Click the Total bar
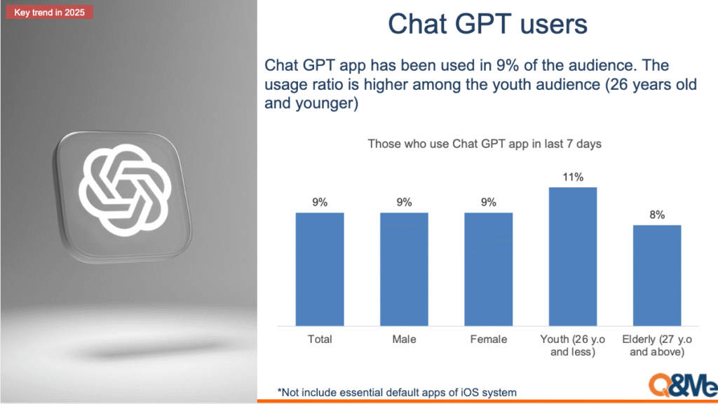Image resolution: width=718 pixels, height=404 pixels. pos(320,269)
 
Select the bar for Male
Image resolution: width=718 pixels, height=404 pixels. pos(404,269)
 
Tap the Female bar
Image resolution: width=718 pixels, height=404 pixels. pos(489,269)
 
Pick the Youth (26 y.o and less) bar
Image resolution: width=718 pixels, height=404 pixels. pos(573,257)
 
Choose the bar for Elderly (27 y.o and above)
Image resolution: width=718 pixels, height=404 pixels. pos(657,275)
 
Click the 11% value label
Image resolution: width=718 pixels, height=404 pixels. pos(573,177)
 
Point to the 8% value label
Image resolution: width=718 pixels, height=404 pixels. pos(657,215)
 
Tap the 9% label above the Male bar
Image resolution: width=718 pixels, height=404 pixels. pos(404,203)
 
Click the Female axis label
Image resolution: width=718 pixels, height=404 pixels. pos(489,339)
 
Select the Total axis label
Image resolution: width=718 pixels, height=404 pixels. pos(320,339)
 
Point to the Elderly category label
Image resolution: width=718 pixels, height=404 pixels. pos(657,345)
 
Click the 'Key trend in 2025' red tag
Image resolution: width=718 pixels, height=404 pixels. pos(50,13)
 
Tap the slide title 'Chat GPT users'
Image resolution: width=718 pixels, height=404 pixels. pos(488,24)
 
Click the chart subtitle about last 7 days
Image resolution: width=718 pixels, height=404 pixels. pos(485,144)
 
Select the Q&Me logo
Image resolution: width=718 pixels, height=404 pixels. pos(683,385)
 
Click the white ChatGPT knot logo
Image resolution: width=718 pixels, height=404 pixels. pos(125,189)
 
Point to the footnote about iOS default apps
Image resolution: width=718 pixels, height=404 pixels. pos(397,393)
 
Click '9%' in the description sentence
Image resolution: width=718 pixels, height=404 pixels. pos(508,65)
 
